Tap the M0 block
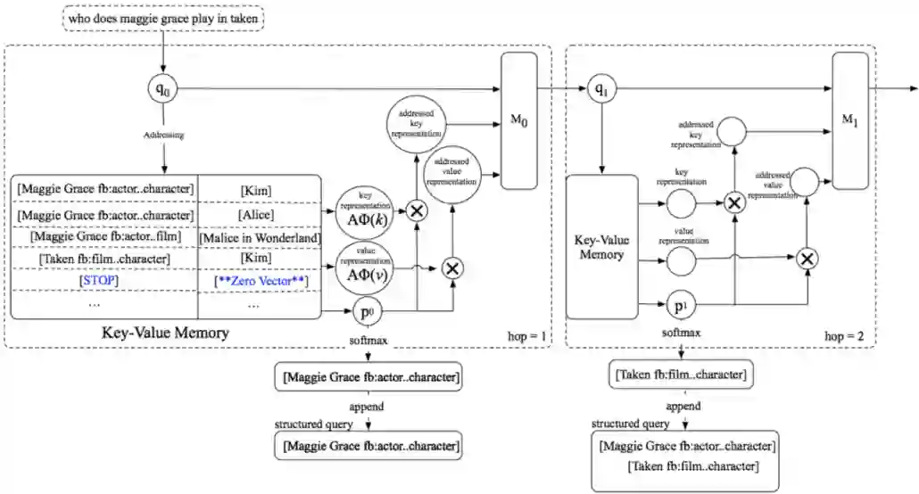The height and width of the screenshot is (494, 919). click(x=519, y=120)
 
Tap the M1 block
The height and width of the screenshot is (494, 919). click(x=849, y=120)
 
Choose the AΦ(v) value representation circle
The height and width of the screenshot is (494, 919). click(x=363, y=266)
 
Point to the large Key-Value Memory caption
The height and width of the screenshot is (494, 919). click(x=166, y=333)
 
